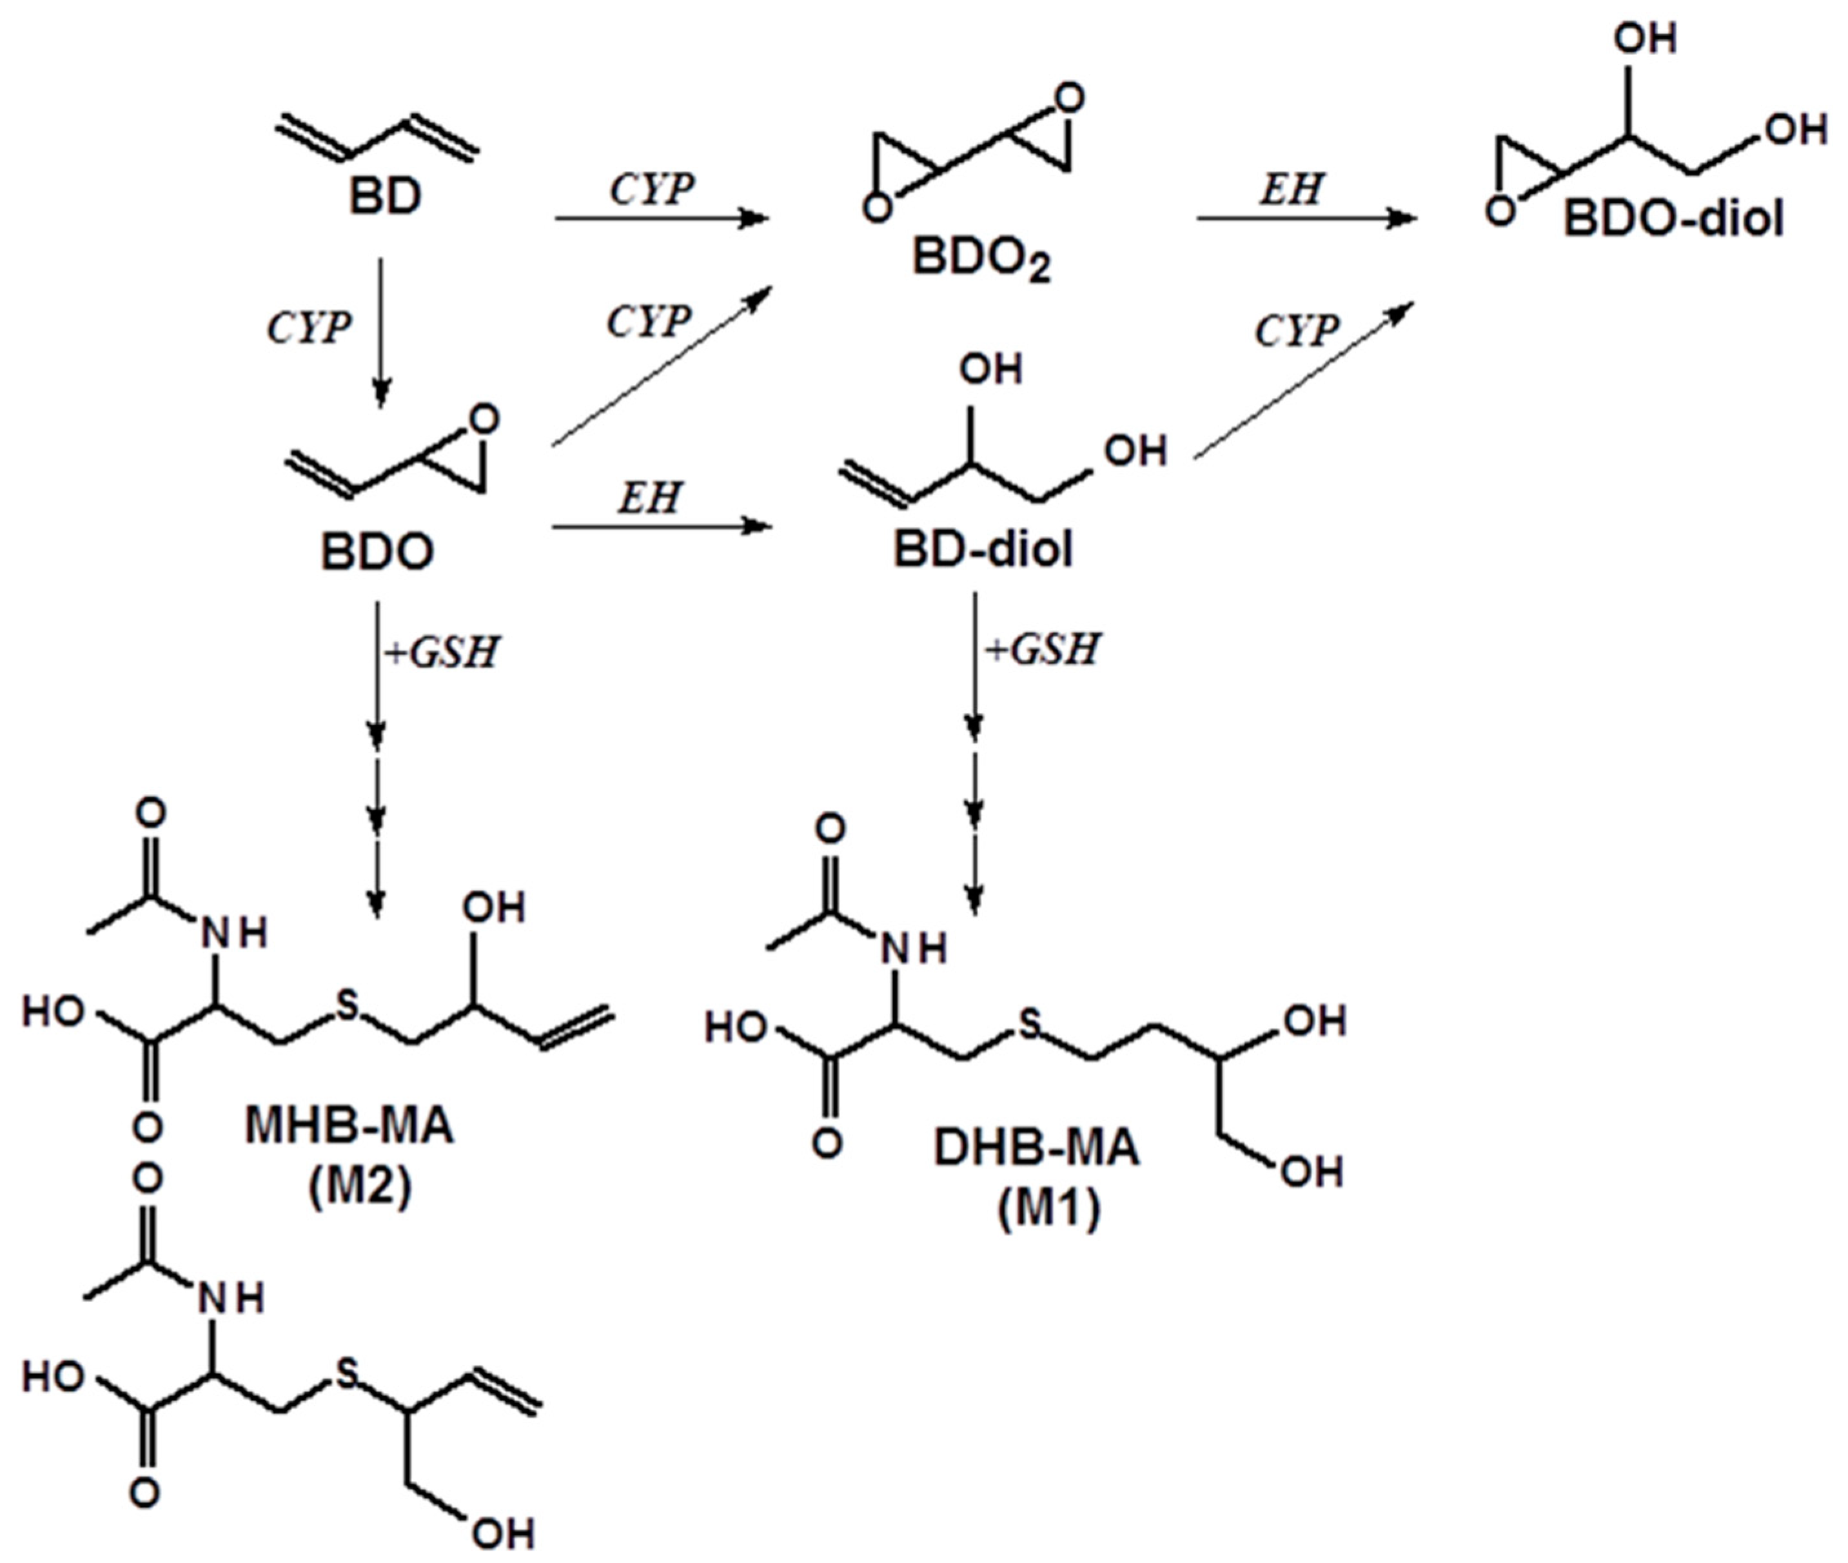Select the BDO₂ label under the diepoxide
pyautogui.click(x=981, y=260)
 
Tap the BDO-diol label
pyautogui.click(x=1673, y=219)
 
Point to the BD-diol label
pyautogui.click(x=981, y=550)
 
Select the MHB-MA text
pyautogui.click(x=348, y=1126)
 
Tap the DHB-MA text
pyautogui.click(x=1036, y=1148)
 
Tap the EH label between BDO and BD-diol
pyautogui.click(x=650, y=497)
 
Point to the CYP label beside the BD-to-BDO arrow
pyautogui.click(x=308, y=328)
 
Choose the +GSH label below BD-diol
pyautogui.click(x=1042, y=649)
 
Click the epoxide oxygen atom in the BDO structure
pyautogui.click(x=484, y=419)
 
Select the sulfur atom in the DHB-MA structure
pyautogui.click(x=1028, y=1025)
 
